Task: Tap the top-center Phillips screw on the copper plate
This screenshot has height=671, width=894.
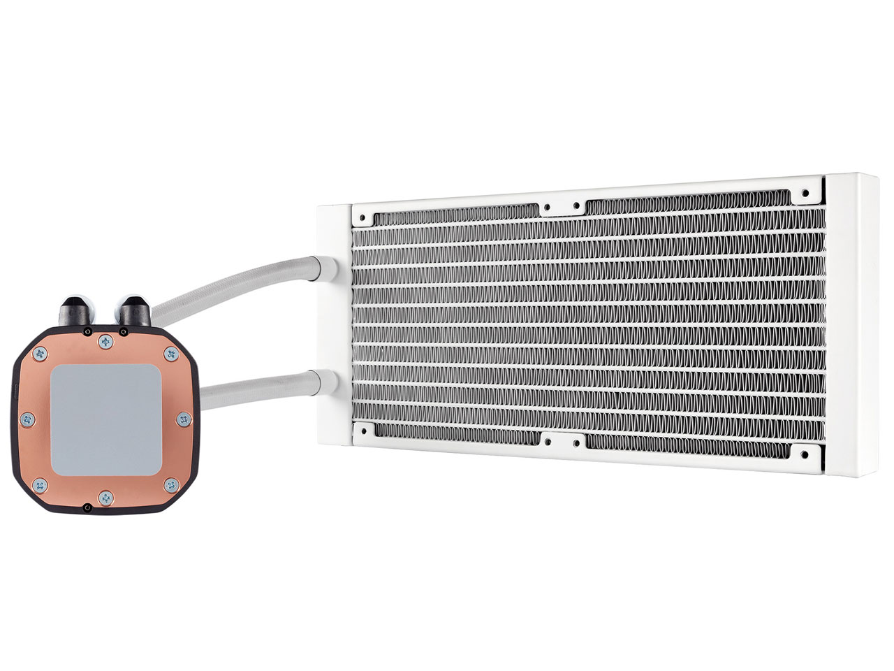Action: [105, 340]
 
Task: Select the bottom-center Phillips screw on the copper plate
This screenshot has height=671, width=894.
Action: [105, 497]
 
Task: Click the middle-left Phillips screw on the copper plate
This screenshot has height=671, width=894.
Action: [27, 419]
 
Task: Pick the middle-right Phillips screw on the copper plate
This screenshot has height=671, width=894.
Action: [184, 419]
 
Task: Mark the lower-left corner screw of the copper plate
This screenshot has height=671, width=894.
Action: [41, 483]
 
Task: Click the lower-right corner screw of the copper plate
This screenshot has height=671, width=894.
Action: [170, 483]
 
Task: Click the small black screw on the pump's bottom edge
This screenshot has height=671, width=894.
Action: [87, 507]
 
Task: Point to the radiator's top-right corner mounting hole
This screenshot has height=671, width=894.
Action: [807, 190]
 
